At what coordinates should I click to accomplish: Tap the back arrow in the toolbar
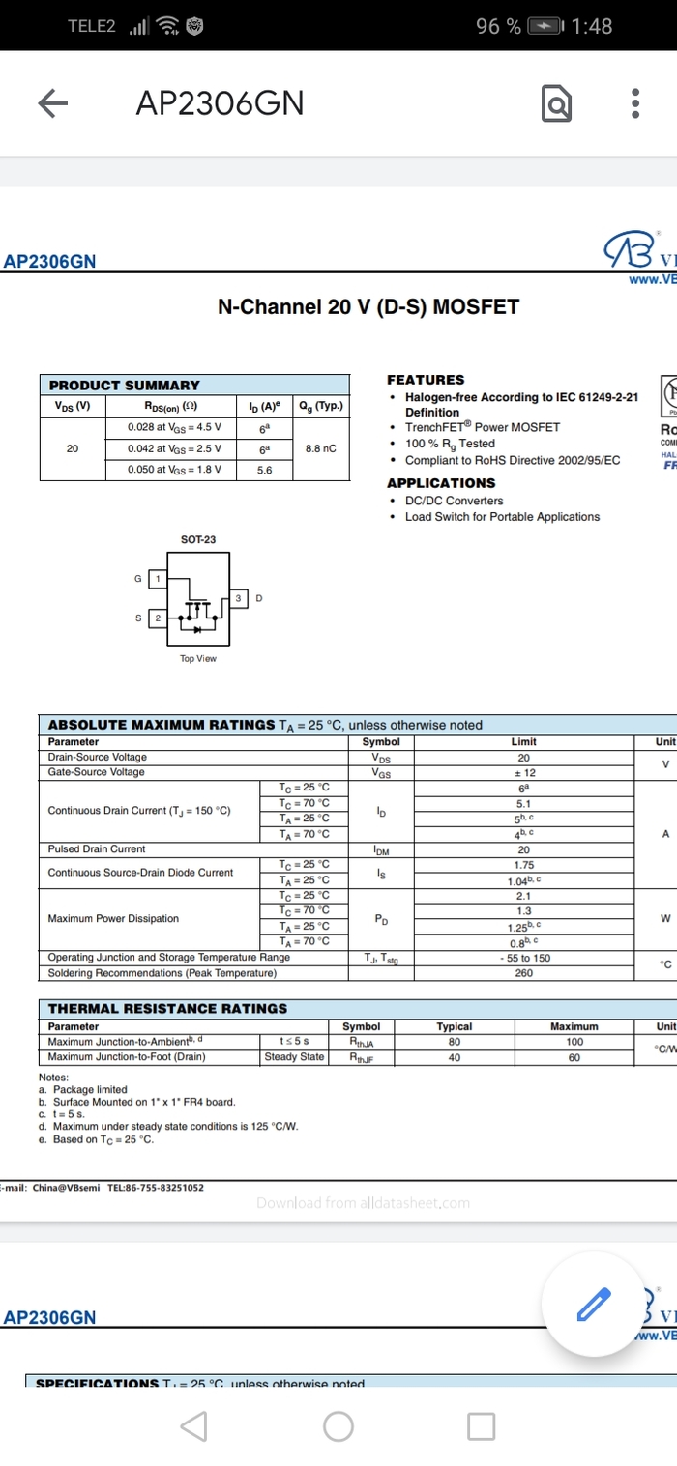[x=53, y=103]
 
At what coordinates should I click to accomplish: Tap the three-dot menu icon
[x=635, y=103]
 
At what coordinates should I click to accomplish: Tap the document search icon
[x=556, y=103]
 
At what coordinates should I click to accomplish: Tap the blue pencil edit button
[x=593, y=1304]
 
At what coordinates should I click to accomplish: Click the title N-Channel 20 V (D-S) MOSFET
[x=368, y=307]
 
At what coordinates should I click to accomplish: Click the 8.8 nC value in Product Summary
[x=320, y=448]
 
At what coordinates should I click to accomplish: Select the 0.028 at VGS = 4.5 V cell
[x=174, y=427]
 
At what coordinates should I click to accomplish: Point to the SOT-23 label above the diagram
[x=198, y=539]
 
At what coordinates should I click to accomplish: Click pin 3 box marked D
[x=238, y=599]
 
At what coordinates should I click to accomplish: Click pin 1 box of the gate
[x=158, y=578]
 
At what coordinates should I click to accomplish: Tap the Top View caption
[x=198, y=659]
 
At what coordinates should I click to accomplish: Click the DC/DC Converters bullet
[x=454, y=501]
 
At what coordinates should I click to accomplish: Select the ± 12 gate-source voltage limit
[x=524, y=772]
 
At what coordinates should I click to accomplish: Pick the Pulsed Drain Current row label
[x=97, y=849]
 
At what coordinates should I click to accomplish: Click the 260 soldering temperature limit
[x=524, y=973]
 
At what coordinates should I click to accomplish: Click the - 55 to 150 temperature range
[x=524, y=958]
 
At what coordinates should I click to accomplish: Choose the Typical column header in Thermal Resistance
[x=455, y=1026]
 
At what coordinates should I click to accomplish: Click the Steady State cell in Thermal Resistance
[x=294, y=1057]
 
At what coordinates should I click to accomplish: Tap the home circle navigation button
[x=338, y=1425]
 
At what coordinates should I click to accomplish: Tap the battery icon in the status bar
[x=546, y=27]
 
